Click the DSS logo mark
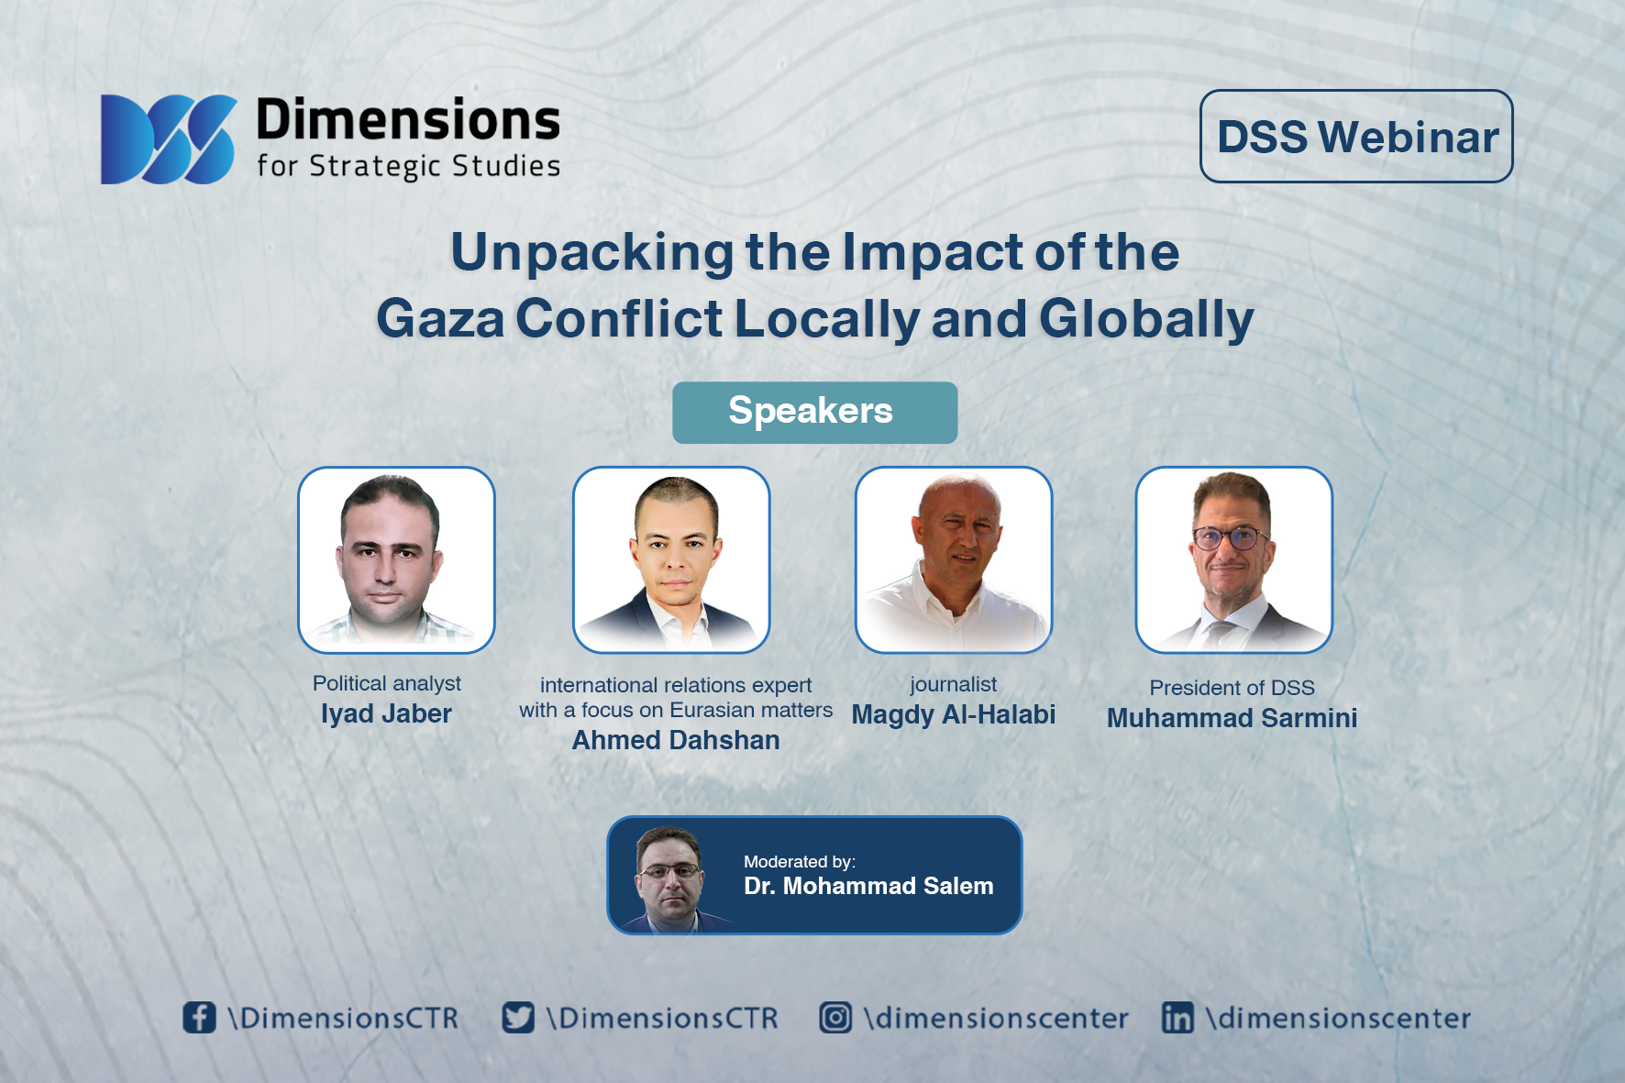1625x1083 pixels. coord(169,139)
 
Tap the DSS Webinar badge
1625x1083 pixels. coord(1356,136)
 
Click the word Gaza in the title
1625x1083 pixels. coord(440,319)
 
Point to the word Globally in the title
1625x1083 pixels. coord(1146,320)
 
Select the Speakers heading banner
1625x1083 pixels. coord(814,412)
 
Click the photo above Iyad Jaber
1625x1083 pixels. coord(396,559)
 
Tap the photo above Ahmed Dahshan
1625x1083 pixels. coord(671,559)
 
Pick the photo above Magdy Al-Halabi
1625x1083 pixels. coord(954,559)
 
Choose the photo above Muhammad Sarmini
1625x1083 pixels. coord(1234,559)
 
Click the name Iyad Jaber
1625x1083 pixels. coord(386,714)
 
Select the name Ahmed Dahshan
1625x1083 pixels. coord(676,740)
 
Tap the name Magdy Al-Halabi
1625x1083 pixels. coord(954,715)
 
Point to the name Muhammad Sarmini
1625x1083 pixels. coord(1232,718)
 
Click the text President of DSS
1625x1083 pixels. coord(1232,688)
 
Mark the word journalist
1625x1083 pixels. coord(954,685)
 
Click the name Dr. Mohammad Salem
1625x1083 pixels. coord(868,886)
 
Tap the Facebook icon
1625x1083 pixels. coord(199,1017)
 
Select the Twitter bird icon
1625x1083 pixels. coord(518,1017)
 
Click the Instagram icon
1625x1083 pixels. coord(835,1017)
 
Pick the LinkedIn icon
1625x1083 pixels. coord(1177,1017)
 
